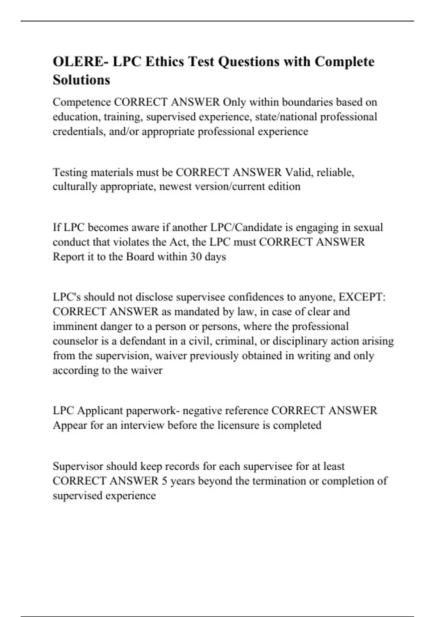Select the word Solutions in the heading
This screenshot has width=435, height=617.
[81, 80]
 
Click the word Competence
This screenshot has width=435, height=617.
[82, 102]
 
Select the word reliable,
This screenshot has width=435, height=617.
[335, 172]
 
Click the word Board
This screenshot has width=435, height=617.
[140, 257]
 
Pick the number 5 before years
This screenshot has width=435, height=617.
[165, 481]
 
